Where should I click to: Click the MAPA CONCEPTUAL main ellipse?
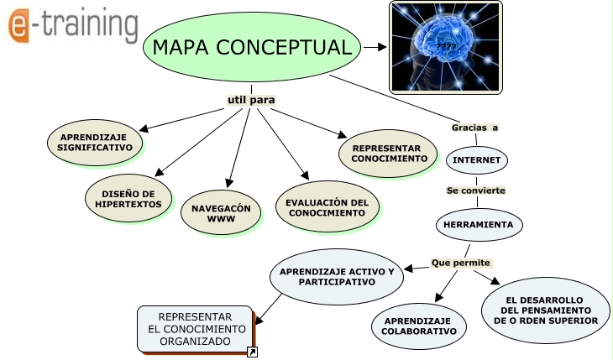252,47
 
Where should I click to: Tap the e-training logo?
73,26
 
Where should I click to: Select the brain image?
446,46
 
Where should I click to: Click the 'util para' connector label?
251,100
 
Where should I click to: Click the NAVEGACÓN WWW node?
221,213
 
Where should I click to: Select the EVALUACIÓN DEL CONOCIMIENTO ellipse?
327,208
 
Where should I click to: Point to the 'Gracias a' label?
474,128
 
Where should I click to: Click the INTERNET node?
476,159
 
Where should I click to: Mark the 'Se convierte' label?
475,190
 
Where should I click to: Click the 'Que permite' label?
460,263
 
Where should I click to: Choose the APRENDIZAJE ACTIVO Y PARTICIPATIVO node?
336,277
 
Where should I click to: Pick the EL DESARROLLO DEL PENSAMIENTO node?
546,310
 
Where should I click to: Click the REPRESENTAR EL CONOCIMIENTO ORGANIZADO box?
196,329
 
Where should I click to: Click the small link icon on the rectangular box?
252,352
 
